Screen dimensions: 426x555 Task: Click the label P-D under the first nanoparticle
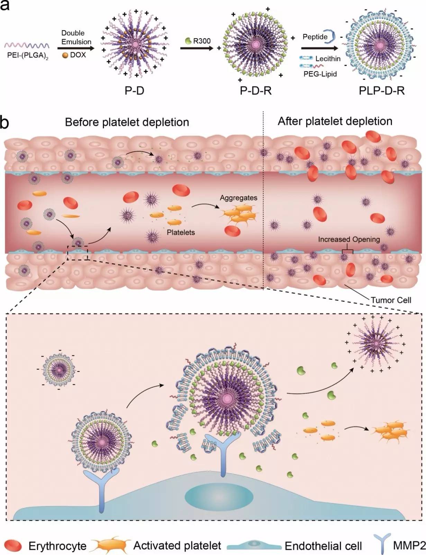134,91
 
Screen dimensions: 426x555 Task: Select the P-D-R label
256,91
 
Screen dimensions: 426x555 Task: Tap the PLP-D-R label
382,91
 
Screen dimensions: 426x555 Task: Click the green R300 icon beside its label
188,41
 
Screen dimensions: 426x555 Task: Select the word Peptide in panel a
315,37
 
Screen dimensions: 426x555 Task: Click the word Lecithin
328,59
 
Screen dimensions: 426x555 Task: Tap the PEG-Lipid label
320,74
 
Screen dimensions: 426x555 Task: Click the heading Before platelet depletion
127,122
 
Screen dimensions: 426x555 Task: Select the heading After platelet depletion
335,121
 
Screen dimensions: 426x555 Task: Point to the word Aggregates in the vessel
238,198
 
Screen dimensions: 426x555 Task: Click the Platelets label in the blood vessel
181,232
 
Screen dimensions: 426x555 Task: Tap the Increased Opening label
349,239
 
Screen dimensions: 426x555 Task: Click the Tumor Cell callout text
391,300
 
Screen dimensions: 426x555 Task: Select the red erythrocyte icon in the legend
13,546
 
